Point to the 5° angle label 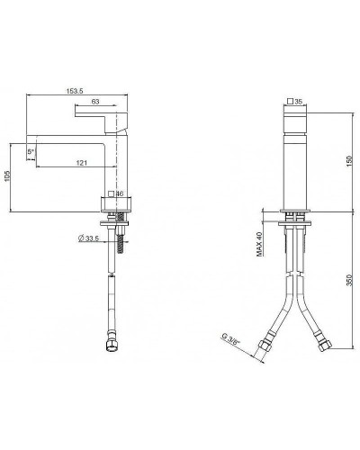pos(31,153)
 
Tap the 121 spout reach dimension pos(82,162)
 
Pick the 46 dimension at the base pos(120,193)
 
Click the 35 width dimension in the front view pos(300,103)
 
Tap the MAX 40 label pos(258,243)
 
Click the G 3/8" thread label pos(232,343)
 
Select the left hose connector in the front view pos(267,344)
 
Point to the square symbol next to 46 pos(109,193)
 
